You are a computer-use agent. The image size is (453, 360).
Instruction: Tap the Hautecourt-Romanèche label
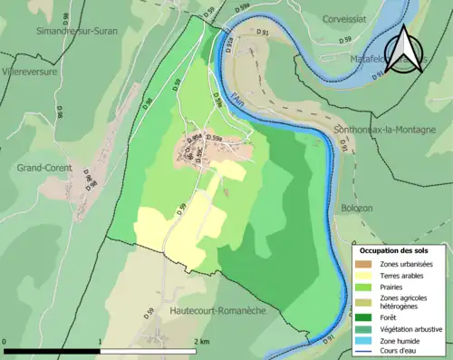click(217, 310)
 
